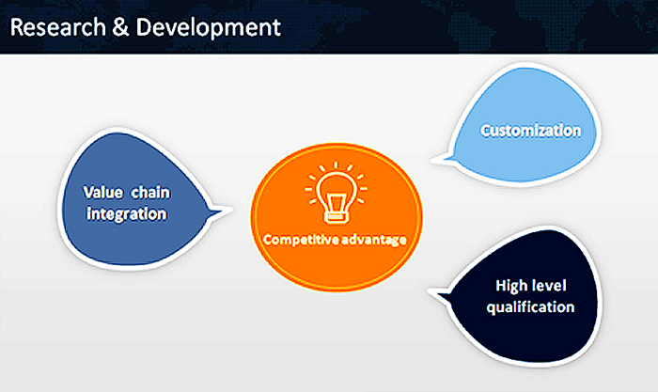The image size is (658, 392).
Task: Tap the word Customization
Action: click(x=530, y=131)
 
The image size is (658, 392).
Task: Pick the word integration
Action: click(x=127, y=214)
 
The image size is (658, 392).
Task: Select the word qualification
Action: click(x=535, y=306)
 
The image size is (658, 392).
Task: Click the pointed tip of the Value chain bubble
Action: click(x=231, y=209)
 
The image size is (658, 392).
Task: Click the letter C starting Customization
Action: click(x=485, y=131)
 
